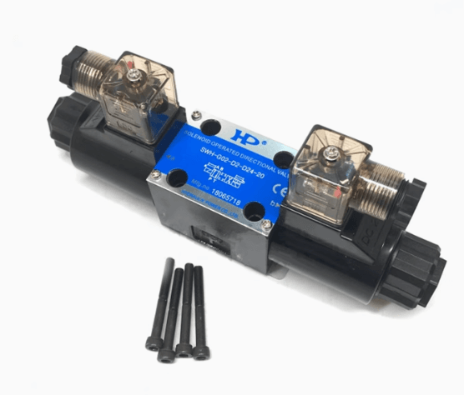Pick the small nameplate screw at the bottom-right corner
point(266,224)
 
